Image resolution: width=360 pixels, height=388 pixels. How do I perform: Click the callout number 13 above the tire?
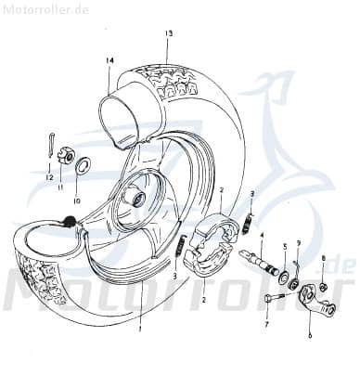[169, 33]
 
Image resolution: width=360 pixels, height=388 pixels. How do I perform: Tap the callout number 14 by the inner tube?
[109, 61]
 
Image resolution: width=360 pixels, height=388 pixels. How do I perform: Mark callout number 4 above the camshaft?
[263, 237]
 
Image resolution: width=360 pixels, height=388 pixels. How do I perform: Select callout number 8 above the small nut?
[323, 258]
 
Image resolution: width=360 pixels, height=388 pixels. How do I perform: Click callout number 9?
[298, 242]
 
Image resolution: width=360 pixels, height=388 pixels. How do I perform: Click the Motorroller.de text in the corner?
[32, 7]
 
